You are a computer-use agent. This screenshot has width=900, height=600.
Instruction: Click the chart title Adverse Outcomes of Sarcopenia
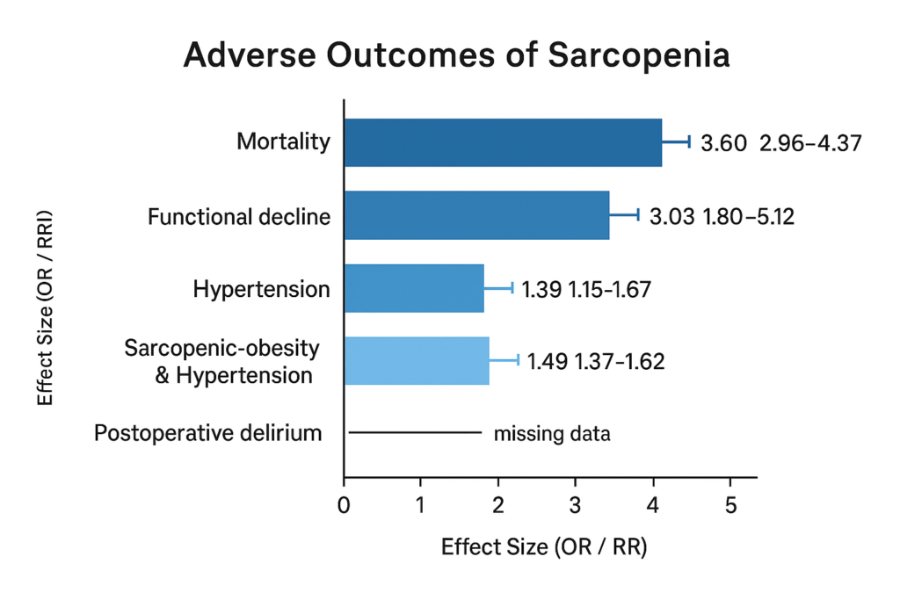(x=456, y=55)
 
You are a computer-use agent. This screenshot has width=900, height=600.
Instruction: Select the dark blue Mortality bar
(x=502, y=141)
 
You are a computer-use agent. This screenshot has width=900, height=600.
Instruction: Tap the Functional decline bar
(x=476, y=214)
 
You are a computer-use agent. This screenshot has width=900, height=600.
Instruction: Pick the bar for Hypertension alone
(x=414, y=288)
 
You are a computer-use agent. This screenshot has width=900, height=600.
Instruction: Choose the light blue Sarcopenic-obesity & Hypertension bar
(x=417, y=360)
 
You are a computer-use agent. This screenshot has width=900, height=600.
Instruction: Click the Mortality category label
(x=284, y=141)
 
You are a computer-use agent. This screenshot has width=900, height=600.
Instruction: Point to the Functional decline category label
(x=239, y=216)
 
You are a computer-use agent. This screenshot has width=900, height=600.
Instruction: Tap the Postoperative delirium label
(x=207, y=433)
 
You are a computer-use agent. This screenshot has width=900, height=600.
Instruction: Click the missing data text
(x=552, y=433)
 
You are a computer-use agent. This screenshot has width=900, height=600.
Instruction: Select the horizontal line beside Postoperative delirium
(x=415, y=432)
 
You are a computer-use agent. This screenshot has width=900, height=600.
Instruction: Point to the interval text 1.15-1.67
(x=606, y=289)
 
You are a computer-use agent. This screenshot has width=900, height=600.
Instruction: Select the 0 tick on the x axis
(x=344, y=505)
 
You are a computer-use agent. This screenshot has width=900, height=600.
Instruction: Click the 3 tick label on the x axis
(x=575, y=505)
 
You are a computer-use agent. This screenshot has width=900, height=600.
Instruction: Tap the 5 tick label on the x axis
(x=729, y=505)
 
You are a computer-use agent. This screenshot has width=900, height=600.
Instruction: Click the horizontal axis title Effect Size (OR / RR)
(x=544, y=547)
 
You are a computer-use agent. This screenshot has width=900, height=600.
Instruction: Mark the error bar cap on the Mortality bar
(x=689, y=141)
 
